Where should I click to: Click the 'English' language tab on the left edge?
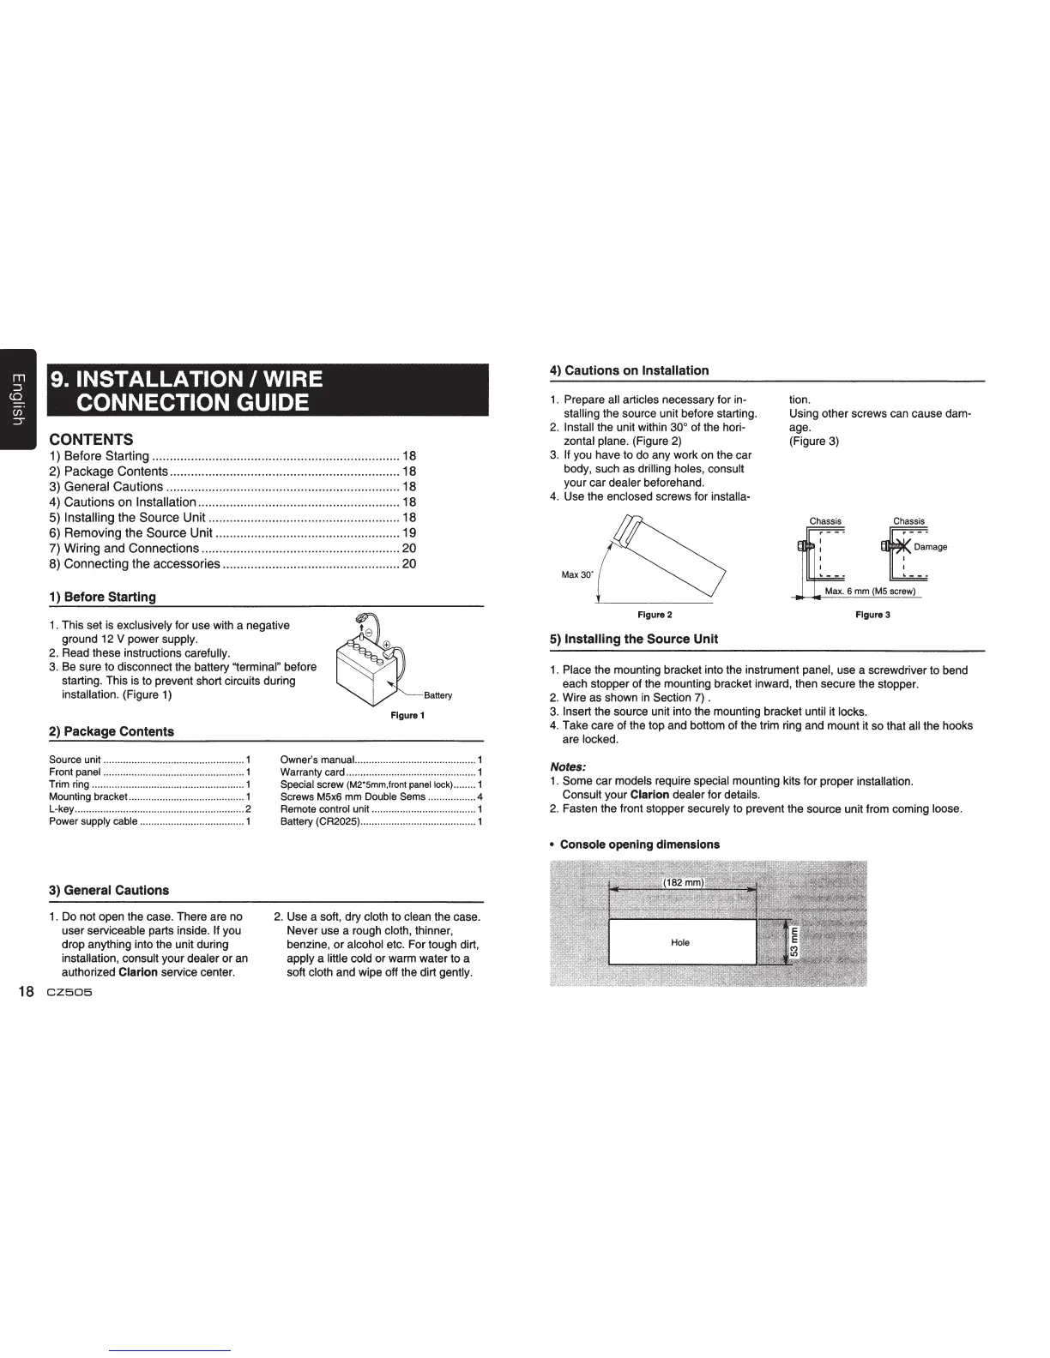(x=15, y=399)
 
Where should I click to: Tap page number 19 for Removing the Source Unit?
(x=409, y=532)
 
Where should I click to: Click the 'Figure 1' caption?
(x=407, y=715)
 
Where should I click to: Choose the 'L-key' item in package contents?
(x=61, y=808)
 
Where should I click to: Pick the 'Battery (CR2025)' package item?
(x=319, y=821)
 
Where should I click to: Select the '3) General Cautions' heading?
(x=109, y=890)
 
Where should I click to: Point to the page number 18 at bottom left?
(x=27, y=993)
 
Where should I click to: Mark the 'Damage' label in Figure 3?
(x=930, y=547)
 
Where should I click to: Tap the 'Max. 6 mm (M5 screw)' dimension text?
(x=870, y=592)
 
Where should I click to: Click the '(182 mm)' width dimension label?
(x=683, y=884)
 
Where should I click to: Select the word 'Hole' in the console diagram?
(x=680, y=942)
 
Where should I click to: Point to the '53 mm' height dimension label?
(x=794, y=942)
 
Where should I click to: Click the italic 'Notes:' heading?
(x=568, y=766)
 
